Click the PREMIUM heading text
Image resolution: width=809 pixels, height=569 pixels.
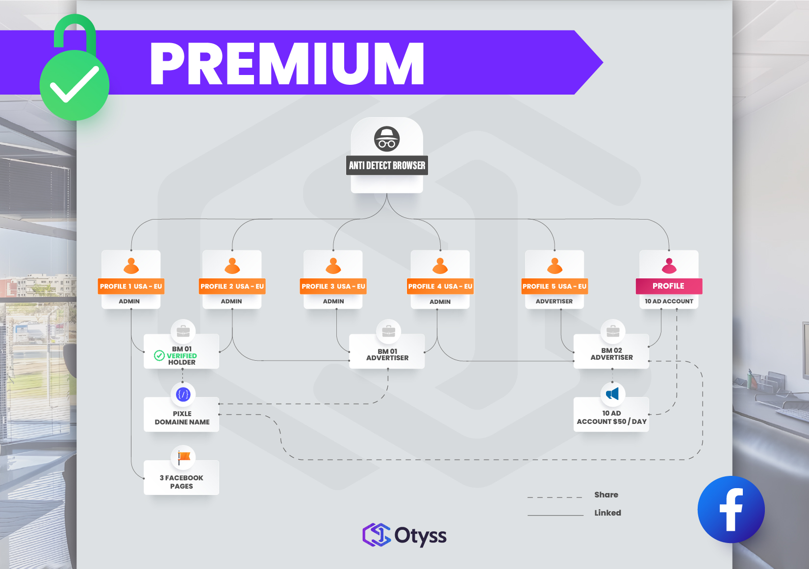pos(287,64)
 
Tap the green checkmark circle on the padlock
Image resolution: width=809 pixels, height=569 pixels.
pos(75,85)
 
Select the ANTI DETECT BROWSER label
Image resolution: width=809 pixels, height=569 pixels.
pos(387,166)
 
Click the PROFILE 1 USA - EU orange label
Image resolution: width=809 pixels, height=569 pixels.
pos(131,286)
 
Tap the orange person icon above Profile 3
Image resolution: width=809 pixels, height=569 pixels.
pos(333,266)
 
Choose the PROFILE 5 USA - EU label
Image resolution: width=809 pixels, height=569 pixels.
pos(554,286)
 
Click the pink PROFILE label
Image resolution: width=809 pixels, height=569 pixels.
pos(668,286)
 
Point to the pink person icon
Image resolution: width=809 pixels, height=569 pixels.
pos(669,266)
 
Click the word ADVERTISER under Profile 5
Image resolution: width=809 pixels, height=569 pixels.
pos(554,301)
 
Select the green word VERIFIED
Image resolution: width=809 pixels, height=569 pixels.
pos(181,356)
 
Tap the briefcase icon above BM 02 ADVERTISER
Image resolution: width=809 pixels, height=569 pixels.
pos(612,332)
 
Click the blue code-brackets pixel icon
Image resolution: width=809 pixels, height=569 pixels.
pos(183,394)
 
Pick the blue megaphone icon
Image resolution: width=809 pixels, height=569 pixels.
pos(612,394)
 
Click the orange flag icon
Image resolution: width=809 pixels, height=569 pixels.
pos(183,457)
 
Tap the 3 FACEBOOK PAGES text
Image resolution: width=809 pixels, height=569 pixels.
pos(181,482)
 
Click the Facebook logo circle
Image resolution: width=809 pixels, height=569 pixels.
pos(731,510)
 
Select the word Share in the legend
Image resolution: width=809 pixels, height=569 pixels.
pos(606,495)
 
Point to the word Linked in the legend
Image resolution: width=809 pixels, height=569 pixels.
pos(607,513)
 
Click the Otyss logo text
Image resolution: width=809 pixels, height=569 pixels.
pos(420,536)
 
